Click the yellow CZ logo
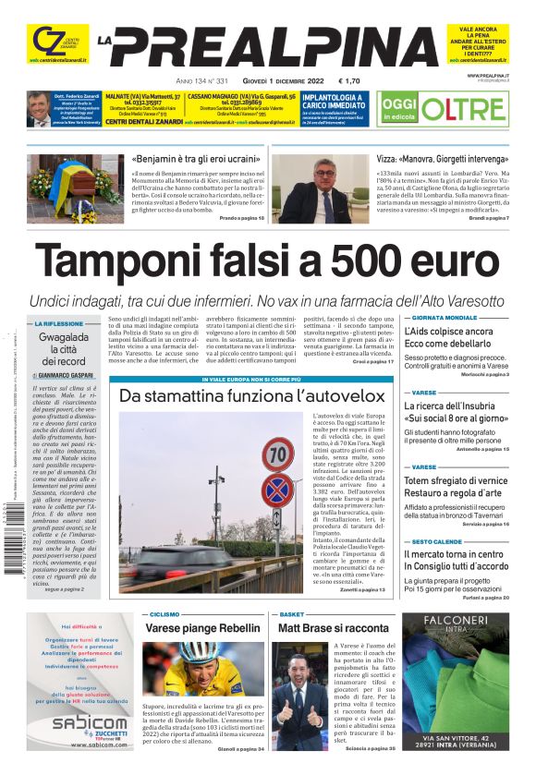click(x=44, y=41)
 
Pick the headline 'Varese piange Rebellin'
click(x=202, y=628)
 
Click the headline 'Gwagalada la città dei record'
click(x=64, y=349)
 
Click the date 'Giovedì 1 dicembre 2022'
click(x=275, y=80)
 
